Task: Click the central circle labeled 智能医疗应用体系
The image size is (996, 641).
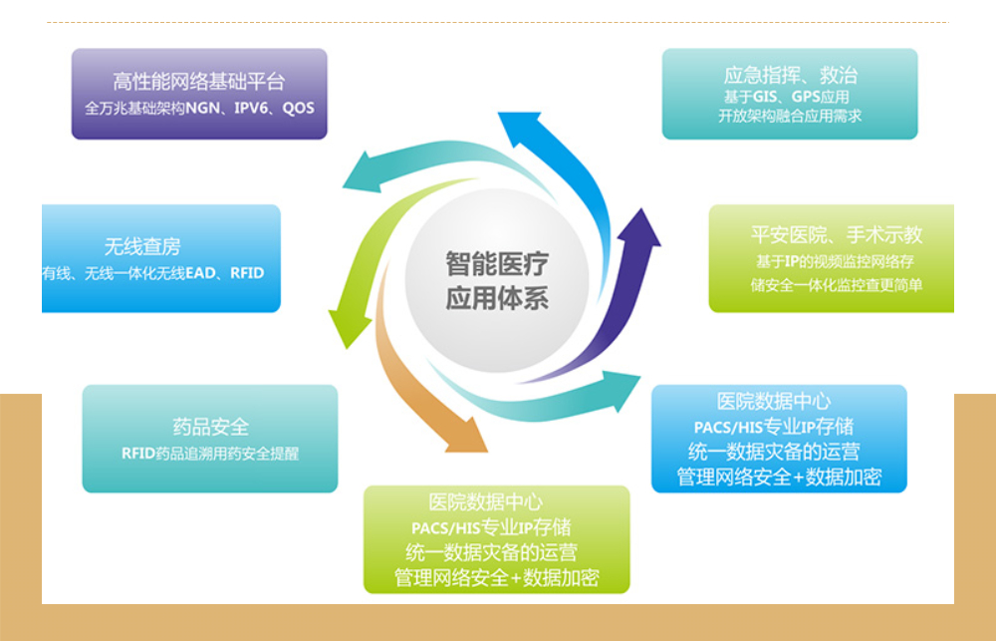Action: tap(496, 281)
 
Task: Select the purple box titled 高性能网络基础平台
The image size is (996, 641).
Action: tap(199, 94)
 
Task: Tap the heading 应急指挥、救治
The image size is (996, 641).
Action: tap(790, 75)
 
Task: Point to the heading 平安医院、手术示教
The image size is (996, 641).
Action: tap(836, 235)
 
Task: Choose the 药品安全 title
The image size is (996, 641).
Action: tap(210, 428)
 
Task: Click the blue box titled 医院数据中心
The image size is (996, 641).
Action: tap(779, 439)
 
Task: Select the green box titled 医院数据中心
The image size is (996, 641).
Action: tap(496, 539)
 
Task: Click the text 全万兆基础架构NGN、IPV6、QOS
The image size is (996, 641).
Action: tap(199, 108)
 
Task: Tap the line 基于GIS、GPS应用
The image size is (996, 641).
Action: tap(787, 97)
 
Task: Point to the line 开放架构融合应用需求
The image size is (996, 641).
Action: tap(790, 116)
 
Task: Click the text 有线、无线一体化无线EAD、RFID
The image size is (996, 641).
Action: tap(153, 272)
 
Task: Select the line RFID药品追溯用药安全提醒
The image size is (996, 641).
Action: tap(209, 453)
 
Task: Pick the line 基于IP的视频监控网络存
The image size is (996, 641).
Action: tap(835, 262)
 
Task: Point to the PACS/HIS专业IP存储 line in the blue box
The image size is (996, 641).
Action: tap(773, 427)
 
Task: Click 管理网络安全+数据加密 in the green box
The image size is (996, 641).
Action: tap(496, 578)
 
